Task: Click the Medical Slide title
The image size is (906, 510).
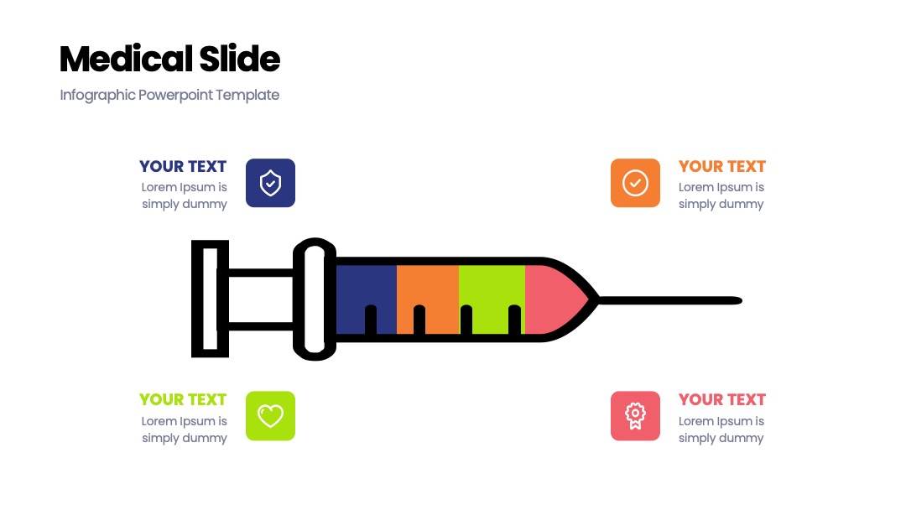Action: coord(169,59)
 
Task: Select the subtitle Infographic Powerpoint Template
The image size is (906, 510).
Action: coord(169,95)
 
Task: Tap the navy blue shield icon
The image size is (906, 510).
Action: coord(270,183)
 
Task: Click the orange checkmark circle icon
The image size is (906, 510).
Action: coord(635,183)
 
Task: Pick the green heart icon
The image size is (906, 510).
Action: coord(270,416)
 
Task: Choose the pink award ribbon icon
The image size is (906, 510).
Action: coord(635,416)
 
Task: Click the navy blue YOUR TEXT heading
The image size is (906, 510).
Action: coord(183,166)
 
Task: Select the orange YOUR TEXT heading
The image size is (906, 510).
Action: coord(721,166)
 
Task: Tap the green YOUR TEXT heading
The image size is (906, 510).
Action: coord(183,399)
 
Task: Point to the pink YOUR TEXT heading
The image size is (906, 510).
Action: coord(721,399)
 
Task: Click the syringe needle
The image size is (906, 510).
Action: coord(670,300)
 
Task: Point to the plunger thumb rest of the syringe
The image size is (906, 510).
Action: coord(211,299)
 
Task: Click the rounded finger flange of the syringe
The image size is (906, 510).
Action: coord(315,299)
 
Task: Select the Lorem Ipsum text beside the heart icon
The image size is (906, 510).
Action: coord(184,429)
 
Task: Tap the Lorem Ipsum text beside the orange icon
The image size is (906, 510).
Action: coord(721,195)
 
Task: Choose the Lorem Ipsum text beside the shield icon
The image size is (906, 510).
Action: coord(184,195)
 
